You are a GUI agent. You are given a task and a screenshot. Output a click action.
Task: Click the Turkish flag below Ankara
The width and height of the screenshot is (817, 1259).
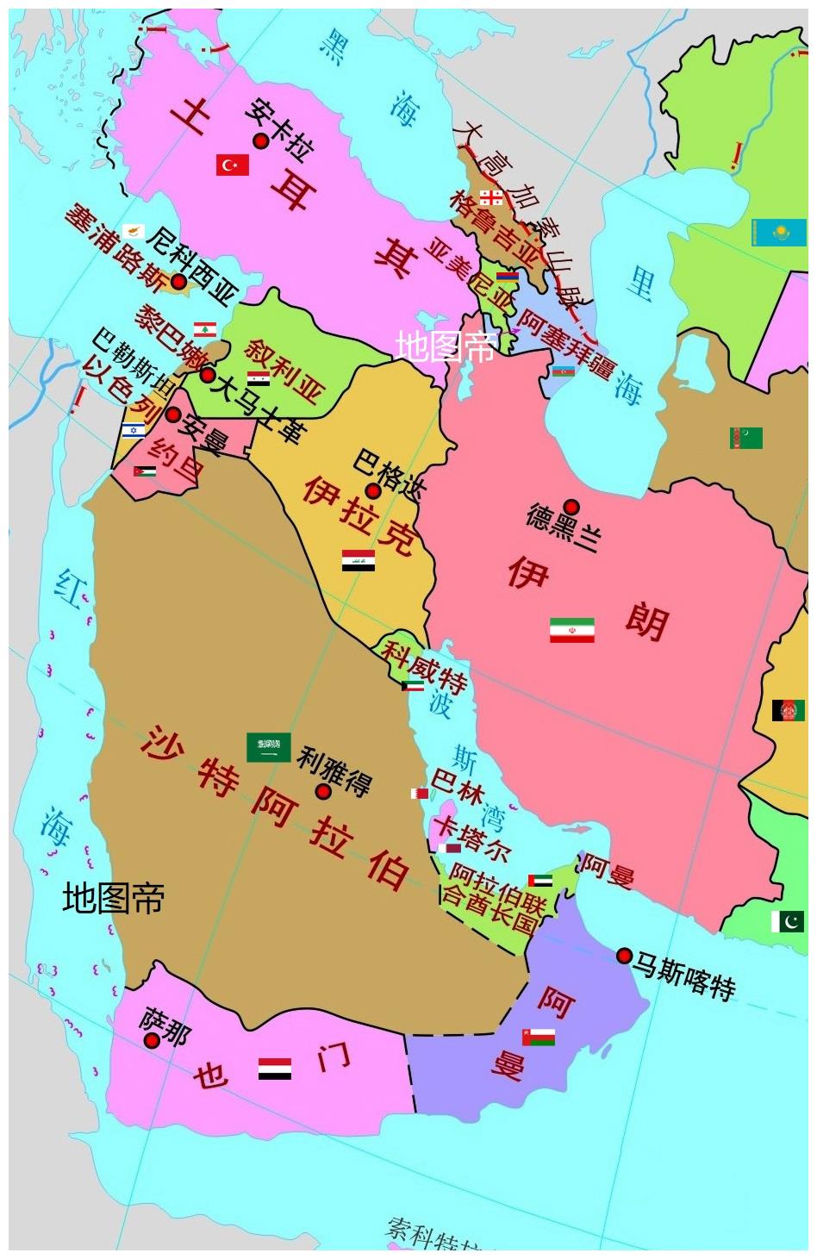pyautogui.click(x=232, y=165)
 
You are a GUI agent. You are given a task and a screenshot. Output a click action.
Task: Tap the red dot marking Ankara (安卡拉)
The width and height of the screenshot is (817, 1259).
pyautogui.click(x=260, y=141)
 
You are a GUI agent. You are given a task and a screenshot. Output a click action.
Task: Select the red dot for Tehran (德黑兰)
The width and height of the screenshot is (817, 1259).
pyautogui.click(x=571, y=507)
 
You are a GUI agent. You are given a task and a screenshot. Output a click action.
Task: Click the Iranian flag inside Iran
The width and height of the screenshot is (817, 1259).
pyautogui.click(x=572, y=630)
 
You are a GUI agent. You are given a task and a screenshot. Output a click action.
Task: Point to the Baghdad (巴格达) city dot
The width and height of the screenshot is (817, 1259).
pyautogui.click(x=373, y=491)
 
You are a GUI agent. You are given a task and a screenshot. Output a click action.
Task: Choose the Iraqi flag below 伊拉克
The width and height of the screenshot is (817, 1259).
pyautogui.click(x=358, y=561)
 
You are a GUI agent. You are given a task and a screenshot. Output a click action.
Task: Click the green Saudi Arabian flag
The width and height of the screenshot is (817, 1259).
pyautogui.click(x=268, y=747)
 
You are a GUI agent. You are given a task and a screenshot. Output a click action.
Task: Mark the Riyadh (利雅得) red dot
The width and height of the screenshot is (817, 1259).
pyautogui.click(x=323, y=791)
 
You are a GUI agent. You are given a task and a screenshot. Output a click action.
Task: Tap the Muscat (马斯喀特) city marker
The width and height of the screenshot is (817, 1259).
pyautogui.click(x=624, y=955)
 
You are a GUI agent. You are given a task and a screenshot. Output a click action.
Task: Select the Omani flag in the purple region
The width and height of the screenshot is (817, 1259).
pyautogui.click(x=538, y=1036)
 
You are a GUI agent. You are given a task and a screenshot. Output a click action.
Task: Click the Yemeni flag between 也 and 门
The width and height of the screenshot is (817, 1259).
pyautogui.click(x=275, y=1069)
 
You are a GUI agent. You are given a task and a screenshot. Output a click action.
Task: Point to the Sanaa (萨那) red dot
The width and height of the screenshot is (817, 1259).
pyautogui.click(x=152, y=1040)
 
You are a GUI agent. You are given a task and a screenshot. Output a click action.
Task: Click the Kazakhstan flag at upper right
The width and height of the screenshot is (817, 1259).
pyautogui.click(x=778, y=232)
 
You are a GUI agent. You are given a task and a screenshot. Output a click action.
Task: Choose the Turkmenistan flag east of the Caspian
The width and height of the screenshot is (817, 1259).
pyautogui.click(x=745, y=438)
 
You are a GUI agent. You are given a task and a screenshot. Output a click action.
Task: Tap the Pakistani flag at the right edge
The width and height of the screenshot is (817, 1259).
pyautogui.click(x=788, y=921)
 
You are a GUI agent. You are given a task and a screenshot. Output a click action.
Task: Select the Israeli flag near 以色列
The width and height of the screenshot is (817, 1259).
pyautogui.click(x=133, y=430)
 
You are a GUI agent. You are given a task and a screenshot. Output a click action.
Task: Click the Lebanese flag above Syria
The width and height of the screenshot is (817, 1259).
pyautogui.click(x=204, y=329)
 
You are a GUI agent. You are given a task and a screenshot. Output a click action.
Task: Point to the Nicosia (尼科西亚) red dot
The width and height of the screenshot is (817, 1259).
pyautogui.click(x=178, y=281)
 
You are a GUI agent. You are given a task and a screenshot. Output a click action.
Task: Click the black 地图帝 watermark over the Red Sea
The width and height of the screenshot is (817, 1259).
pyautogui.click(x=113, y=898)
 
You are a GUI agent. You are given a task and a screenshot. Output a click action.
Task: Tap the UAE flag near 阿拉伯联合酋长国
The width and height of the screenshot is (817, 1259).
pyautogui.click(x=539, y=881)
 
